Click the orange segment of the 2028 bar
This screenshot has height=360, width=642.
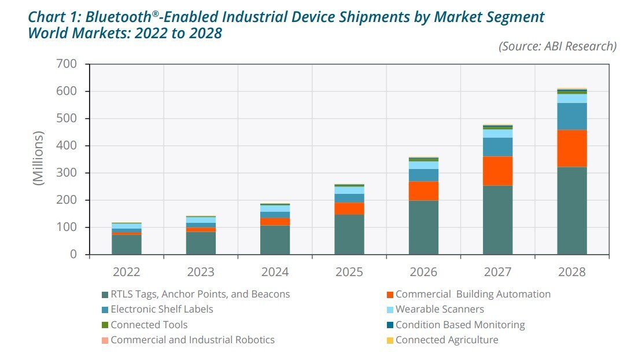pos(571,148)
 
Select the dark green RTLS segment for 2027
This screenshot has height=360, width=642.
pos(497,220)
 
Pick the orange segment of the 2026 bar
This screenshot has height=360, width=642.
pos(423,191)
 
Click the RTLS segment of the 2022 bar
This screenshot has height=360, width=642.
pos(127,245)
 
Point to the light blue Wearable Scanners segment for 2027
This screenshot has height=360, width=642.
pos(497,134)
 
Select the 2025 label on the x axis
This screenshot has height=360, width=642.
pos(349,272)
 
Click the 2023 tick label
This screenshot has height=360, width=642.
pos(201,272)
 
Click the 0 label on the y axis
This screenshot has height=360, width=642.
pos(73,255)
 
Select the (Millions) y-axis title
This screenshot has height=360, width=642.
pos(39,158)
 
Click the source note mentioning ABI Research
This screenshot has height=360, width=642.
pos(558,46)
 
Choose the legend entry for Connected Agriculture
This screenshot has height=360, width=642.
pos(447,340)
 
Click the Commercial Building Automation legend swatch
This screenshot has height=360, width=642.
pos(390,295)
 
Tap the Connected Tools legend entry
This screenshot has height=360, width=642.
pos(149,325)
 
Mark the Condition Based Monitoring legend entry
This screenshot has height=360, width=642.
pos(460,325)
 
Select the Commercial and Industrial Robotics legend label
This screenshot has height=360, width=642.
pos(192,340)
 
